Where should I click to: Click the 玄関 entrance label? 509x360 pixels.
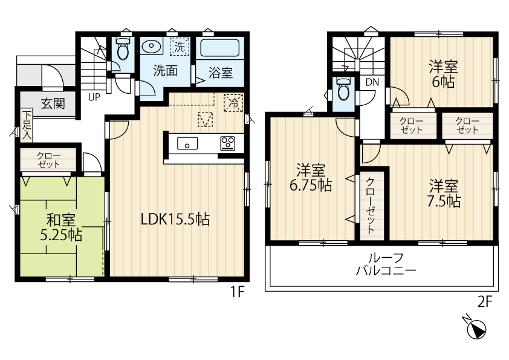coord(53,103)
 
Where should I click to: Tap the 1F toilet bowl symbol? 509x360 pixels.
coord(123,49)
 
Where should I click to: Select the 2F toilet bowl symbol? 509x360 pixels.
coord(343,90)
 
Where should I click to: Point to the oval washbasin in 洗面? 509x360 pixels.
coord(151,47)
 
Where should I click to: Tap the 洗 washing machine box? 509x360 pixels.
coord(180,47)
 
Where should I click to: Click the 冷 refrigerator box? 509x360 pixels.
coord(233,103)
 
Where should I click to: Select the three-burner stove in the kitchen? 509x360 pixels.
coord(228,143)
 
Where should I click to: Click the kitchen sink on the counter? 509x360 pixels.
coord(187,143)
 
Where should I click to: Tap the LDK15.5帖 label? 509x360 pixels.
coord(175,220)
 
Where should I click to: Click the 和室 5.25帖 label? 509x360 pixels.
coord(61,227)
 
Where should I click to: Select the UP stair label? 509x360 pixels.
coord(94,97)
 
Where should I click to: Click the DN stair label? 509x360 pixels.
coord(372,82)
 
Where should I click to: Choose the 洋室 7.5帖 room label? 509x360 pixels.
coord(444,194)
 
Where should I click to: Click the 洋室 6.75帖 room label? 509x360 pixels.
coord(311,178)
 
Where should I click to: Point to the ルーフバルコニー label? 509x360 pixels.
coord(386,264)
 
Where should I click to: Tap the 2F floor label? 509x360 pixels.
coord(485,303)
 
